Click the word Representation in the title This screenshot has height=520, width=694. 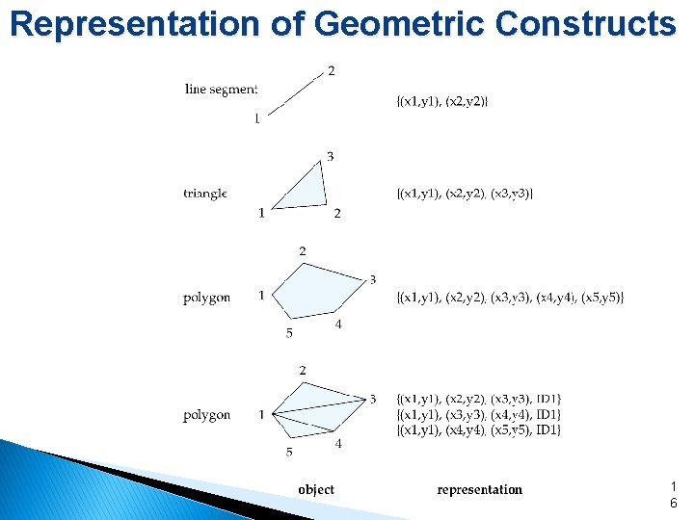point(135,23)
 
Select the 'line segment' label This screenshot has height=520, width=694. point(221,90)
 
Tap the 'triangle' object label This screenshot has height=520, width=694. point(205,194)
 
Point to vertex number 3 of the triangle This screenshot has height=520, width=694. point(330,156)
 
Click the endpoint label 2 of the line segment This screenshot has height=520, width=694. point(332,70)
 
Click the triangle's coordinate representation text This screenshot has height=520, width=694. point(465,194)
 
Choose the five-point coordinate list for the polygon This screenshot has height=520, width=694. point(510,297)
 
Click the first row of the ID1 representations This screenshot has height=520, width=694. point(478,399)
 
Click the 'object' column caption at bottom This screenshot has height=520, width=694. point(316,489)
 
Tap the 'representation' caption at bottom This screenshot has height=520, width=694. point(479,489)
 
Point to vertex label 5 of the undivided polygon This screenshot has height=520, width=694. point(289,334)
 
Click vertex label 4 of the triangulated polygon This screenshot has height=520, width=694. point(338,444)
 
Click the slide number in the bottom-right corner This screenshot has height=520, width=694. point(673,495)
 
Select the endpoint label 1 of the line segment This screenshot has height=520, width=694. point(256,119)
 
